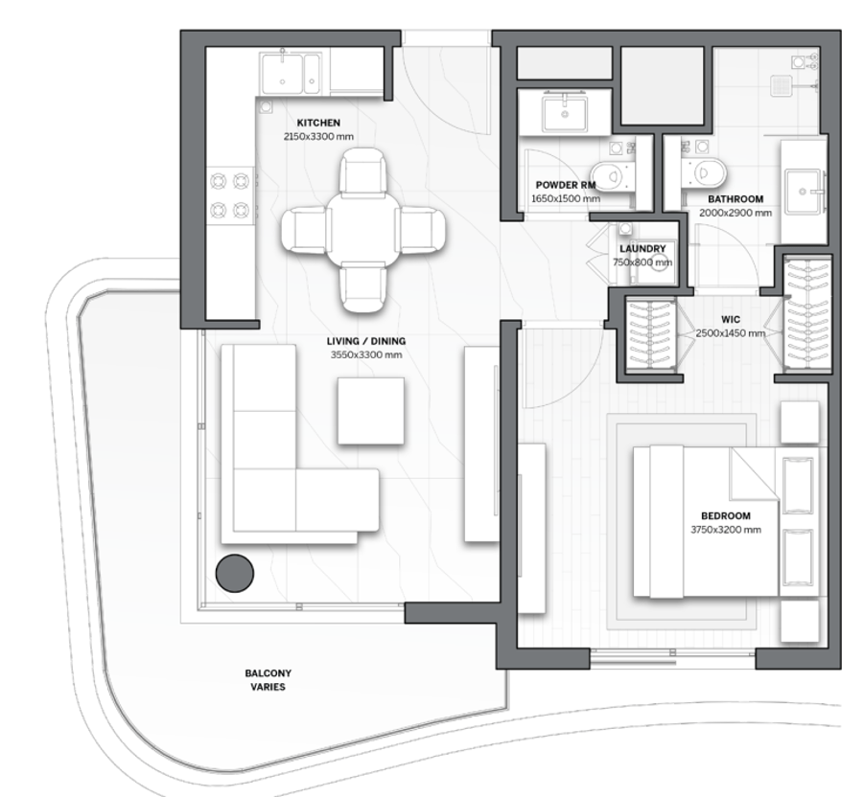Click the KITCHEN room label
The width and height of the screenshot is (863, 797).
pos(318,123)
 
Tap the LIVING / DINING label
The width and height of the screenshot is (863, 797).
pos(366,341)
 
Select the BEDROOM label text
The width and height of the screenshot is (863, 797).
pos(726,515)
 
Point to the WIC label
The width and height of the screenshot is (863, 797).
pos(731,319)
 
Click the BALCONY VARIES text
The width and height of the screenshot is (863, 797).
pos(268,680)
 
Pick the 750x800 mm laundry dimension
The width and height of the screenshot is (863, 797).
pos(642,262)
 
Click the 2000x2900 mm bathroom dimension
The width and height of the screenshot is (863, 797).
pos(735,213)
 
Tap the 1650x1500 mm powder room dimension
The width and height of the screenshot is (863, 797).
pos(566,198)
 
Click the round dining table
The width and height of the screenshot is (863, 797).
pos(362,230)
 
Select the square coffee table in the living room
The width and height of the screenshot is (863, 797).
pos(370,411)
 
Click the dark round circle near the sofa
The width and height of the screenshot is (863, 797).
pos(235,573)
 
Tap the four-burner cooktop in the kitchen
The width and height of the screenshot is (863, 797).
pos(230,195)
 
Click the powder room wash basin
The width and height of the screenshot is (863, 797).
pos(564,113)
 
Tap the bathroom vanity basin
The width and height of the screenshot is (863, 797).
pos(805,192)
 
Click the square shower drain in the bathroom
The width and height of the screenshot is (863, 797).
pos(781,84)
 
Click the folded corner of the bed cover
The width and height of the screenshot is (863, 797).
pos(754,472)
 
